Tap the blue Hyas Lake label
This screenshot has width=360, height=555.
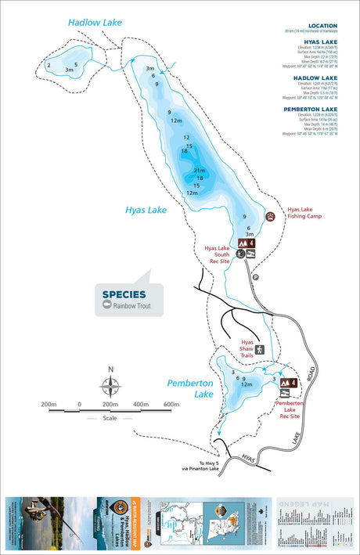point(146,210)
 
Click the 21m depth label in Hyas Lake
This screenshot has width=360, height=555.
point(200,171)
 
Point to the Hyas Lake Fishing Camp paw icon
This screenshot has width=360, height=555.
point(271,217)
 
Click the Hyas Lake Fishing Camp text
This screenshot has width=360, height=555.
point(304,213)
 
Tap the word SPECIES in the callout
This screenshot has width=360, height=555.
point(123,294)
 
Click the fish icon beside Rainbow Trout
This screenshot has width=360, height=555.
point(107,306)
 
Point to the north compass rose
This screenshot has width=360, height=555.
point(110,385)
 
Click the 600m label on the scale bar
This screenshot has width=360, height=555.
point(171,405)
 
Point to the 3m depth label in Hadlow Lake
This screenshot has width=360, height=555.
point(70,70)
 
